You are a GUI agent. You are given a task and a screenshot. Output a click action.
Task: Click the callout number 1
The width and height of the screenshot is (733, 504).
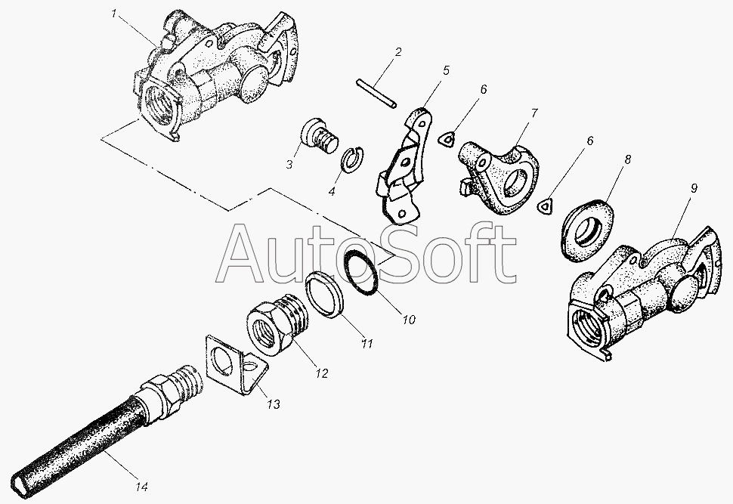pyautogui.click(x=113, y=14)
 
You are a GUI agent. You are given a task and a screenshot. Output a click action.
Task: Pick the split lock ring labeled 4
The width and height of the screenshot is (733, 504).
pyautogui.click(x=353, y=159)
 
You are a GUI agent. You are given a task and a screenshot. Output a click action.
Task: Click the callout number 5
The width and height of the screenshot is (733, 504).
pyautogui.click(x=446, y=70)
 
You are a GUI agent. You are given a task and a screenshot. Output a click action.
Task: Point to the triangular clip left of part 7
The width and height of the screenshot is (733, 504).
pyautogui.click(x=447, y=139)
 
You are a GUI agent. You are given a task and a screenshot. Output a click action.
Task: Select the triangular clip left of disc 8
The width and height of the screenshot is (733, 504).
pyautogui.click(x=546, y=206)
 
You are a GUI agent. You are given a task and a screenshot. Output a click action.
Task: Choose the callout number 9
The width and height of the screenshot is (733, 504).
pyautogui.click(x=694, y=188)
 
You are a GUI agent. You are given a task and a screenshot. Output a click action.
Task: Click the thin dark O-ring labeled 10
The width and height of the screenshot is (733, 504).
pyautogui.click(x=361, y=272)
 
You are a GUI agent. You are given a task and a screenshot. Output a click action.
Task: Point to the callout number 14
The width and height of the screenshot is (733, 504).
pyautogui.click(x=142, y=487)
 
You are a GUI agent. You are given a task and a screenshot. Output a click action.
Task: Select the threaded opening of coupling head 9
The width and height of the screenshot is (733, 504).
pyautogui.click(x=588, y=326)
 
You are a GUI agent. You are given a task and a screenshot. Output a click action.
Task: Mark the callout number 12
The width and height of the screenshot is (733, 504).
pyautogui.click(x=321, y=373)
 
